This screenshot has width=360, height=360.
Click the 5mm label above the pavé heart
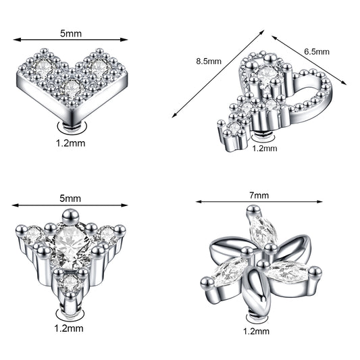71,34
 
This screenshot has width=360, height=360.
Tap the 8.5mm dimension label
209,61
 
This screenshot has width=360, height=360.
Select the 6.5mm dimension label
317,51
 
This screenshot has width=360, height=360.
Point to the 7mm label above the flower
259,195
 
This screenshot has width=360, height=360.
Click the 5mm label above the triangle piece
70,199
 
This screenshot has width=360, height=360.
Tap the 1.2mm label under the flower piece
256,332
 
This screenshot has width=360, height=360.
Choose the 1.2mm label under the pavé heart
71,143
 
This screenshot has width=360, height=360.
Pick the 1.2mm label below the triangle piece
69,328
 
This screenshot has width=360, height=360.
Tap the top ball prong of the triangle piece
71,215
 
